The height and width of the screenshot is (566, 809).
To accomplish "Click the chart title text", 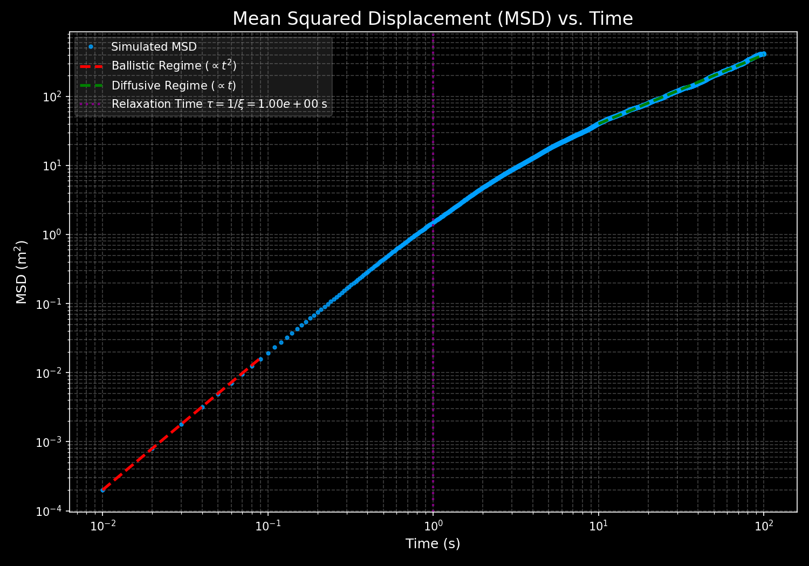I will (x=433, y=19).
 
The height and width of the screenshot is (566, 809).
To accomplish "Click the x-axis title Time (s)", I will (x=433, y=544).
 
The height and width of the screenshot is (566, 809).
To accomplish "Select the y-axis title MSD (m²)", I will (x=22, y=272).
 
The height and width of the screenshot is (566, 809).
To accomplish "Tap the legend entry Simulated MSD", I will (x=154, y=47).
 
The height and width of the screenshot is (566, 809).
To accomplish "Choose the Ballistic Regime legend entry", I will (x=174, y=66).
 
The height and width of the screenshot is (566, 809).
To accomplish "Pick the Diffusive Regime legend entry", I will (x=174, y=85).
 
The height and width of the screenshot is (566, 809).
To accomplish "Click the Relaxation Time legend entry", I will (x=219, y=104).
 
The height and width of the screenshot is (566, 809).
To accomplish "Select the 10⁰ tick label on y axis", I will (x=54, y=235).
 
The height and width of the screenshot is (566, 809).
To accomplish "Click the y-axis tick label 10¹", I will (x=54, y=166).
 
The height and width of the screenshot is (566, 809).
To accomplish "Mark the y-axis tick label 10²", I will (x=54, y=97).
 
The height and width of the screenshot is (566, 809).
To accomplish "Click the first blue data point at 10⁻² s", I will (x=102, y=490).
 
